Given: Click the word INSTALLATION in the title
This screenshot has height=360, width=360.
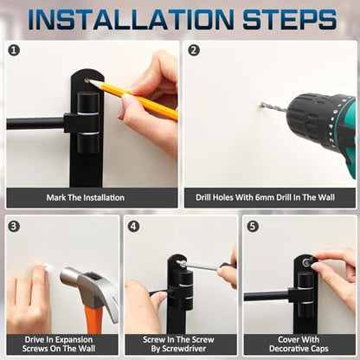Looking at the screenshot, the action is [131, 19].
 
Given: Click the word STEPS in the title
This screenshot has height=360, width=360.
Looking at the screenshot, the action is [290, 19].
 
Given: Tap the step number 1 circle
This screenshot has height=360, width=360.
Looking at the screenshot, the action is [14, 50].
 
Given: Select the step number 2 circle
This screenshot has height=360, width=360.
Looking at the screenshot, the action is [194, 50].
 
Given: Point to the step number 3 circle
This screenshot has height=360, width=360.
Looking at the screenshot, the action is [14, 226].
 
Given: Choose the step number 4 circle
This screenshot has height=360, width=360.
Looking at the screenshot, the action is [133, 226].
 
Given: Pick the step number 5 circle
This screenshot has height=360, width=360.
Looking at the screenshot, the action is [253, 226].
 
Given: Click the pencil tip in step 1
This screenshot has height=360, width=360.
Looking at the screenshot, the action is [89, 81].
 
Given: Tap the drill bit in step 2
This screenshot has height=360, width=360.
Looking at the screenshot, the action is [273, 107].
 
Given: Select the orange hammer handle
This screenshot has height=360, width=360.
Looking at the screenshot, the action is [94, 319].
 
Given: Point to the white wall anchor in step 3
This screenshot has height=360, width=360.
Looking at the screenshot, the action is [49, 267].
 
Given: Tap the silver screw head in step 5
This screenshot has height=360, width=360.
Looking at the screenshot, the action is [305, 262].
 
